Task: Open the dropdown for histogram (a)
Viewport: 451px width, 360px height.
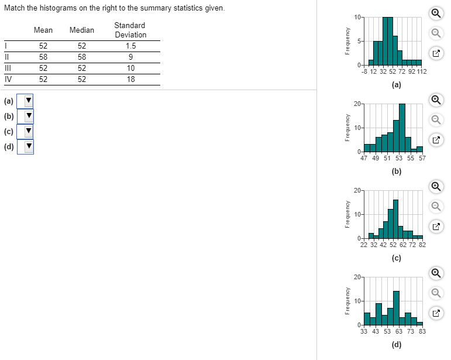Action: click(25, 101)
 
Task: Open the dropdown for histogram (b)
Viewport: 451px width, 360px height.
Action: click(25, 116)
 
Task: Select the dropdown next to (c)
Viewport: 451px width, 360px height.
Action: click(25, 131)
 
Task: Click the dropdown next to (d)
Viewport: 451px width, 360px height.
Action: click(25, 146)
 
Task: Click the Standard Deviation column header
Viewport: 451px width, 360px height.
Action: click(130, 30)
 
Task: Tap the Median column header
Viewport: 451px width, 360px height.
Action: click(81, 30)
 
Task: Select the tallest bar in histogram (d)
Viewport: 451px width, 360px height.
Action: click(396, 307)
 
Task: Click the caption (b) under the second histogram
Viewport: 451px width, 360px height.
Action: click(397, 172)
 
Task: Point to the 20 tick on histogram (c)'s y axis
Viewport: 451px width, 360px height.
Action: click(357, 190)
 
